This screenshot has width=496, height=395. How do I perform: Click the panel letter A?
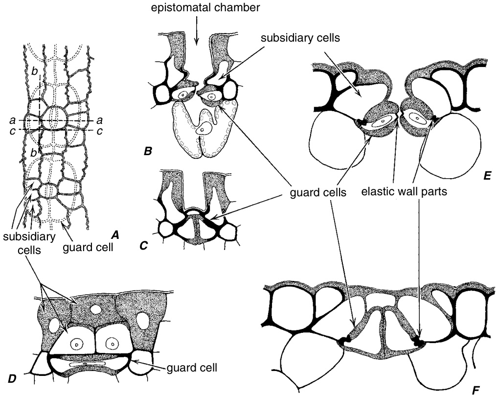[x=115, y=234]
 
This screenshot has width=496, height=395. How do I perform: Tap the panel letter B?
[x=147, y=152]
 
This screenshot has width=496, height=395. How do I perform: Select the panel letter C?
[x=143, y=246]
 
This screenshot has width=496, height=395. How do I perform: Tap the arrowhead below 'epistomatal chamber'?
[x=197, y=43]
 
